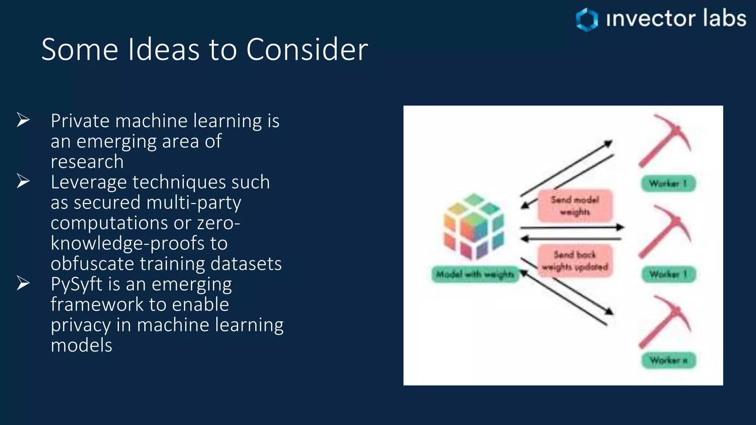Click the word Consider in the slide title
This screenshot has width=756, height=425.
click(307, 49)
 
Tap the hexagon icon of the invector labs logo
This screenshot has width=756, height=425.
click(587, 20)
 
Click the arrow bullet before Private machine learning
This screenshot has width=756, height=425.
click(23, 120)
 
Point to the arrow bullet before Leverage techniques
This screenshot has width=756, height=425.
click(23, 181)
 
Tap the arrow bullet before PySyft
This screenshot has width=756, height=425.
click(23, 283)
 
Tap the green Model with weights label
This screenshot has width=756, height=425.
click(475, 274)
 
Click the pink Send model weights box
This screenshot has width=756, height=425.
click(575, 205)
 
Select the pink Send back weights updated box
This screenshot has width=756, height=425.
click(575, 260)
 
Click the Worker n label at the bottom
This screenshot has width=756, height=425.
click(669, 360)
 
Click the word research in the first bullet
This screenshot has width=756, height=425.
click(87, 162)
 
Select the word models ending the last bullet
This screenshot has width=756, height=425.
click(81, 345)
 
